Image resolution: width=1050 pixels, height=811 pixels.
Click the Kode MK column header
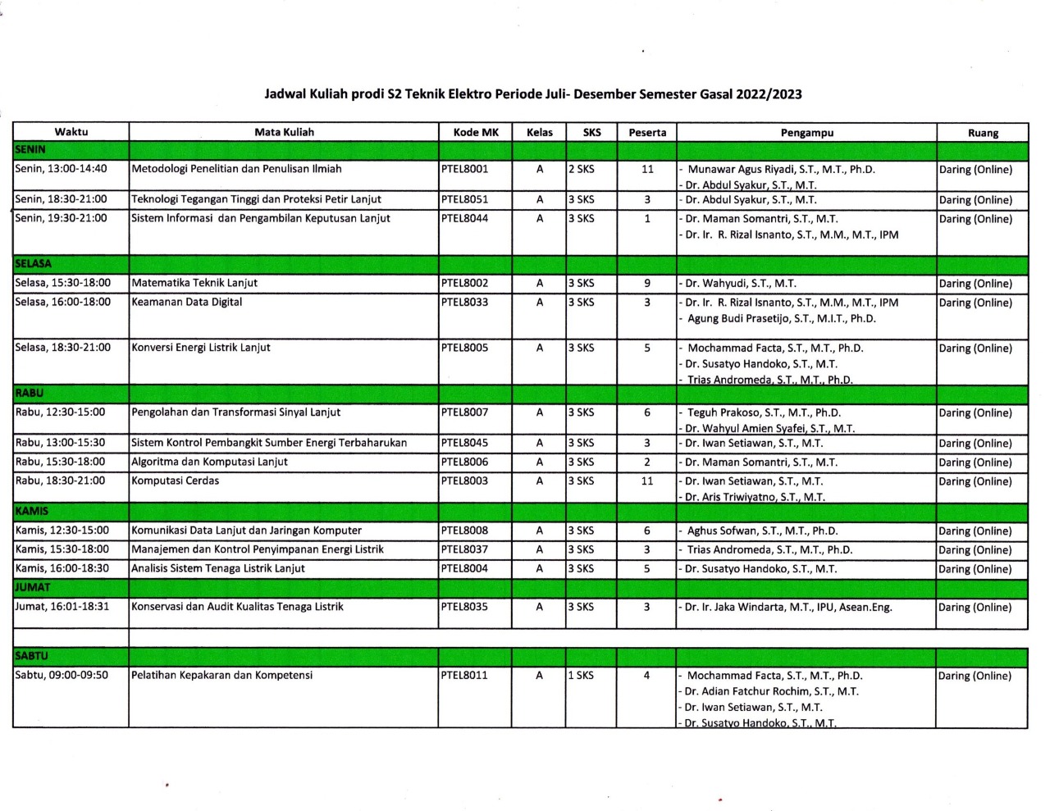click(x=476, y=132)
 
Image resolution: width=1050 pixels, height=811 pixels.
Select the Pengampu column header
click(x=806, y=132)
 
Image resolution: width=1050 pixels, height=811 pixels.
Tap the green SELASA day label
click(x=34, y=264)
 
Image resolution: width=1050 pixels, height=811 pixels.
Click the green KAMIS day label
click(x=32, y=511)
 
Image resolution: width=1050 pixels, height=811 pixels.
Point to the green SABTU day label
click(x=32, y=656)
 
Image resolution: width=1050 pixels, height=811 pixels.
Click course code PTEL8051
click(x=464, y=199)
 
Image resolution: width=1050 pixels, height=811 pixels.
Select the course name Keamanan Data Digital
click(x=187, y=302)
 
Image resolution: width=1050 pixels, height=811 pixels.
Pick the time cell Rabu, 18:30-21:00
click(x=61, y=481)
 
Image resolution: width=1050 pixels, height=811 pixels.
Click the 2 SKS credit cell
click(x=582, y=169)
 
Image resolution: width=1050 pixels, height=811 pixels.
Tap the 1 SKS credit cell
click(x=582, y=675)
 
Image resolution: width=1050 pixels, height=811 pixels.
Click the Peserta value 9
click(x=647, y=283)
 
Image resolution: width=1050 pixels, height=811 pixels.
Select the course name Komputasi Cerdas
click(x=176, y=481)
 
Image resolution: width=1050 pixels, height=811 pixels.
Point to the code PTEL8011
click(x=464, y=675)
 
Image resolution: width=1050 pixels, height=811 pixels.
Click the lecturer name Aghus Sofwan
click(x=762, y=531)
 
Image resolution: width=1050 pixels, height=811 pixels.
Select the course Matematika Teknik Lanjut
click(x=194, y=283)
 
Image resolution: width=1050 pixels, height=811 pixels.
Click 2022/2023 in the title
click(x=769, y=93)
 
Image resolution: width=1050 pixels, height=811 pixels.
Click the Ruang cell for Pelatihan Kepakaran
click(x=975, y=676)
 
